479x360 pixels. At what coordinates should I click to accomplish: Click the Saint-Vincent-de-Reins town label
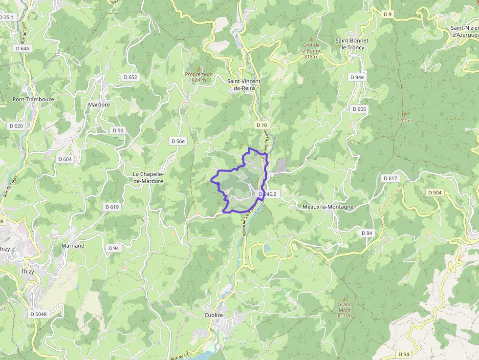(x=244, y=84)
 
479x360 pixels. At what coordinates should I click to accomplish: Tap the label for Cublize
(x=214, y=315)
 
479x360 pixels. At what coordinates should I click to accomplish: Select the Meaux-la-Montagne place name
(x=327, y=207)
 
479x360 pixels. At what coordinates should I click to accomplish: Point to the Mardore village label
(x=99, y=105)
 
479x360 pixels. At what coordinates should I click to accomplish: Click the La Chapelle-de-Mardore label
(x=148, y=177)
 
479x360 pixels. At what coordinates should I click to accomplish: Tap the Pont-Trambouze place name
(x=33, y=99)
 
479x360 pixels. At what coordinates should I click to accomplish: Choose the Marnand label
(x=73, y=246)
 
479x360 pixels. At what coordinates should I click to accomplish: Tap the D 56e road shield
(x=178, y=141)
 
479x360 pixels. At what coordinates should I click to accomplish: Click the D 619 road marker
(x=112, y=207)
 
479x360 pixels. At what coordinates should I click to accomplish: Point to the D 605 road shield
(x=359, y=109)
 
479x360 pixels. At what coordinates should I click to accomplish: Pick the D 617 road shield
(x=391, y=178)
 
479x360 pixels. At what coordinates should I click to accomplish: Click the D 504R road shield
(x=38, y=314)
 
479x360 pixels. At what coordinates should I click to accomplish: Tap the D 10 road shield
(x=262, y=126)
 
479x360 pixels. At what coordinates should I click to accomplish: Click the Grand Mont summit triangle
(x=344, y=298)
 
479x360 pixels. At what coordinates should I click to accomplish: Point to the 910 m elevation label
(x=405, y=120)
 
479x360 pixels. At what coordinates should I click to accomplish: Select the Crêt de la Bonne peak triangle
(x=311, y=39)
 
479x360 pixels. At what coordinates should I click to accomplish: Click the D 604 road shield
(x=65, y=159)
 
